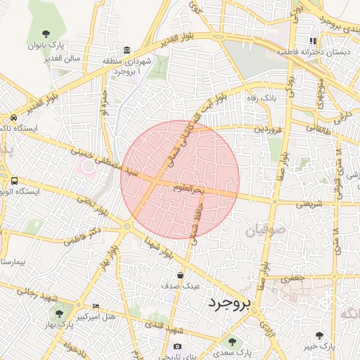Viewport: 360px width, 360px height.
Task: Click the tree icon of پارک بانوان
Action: tap(46, 33)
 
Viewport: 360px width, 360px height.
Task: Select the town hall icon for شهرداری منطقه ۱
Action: tap(127, 51)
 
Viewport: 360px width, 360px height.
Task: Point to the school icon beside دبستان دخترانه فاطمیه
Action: tap(314, 41)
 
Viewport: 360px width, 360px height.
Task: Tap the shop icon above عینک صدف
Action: tap(182, 275)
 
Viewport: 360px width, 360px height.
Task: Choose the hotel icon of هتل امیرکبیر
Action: tap(96, 306)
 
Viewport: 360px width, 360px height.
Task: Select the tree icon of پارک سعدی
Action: tap(231, 341)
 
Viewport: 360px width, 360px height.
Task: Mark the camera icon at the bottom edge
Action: tap(177, 346)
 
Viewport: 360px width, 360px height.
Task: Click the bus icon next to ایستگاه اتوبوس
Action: tap(14, 181)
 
